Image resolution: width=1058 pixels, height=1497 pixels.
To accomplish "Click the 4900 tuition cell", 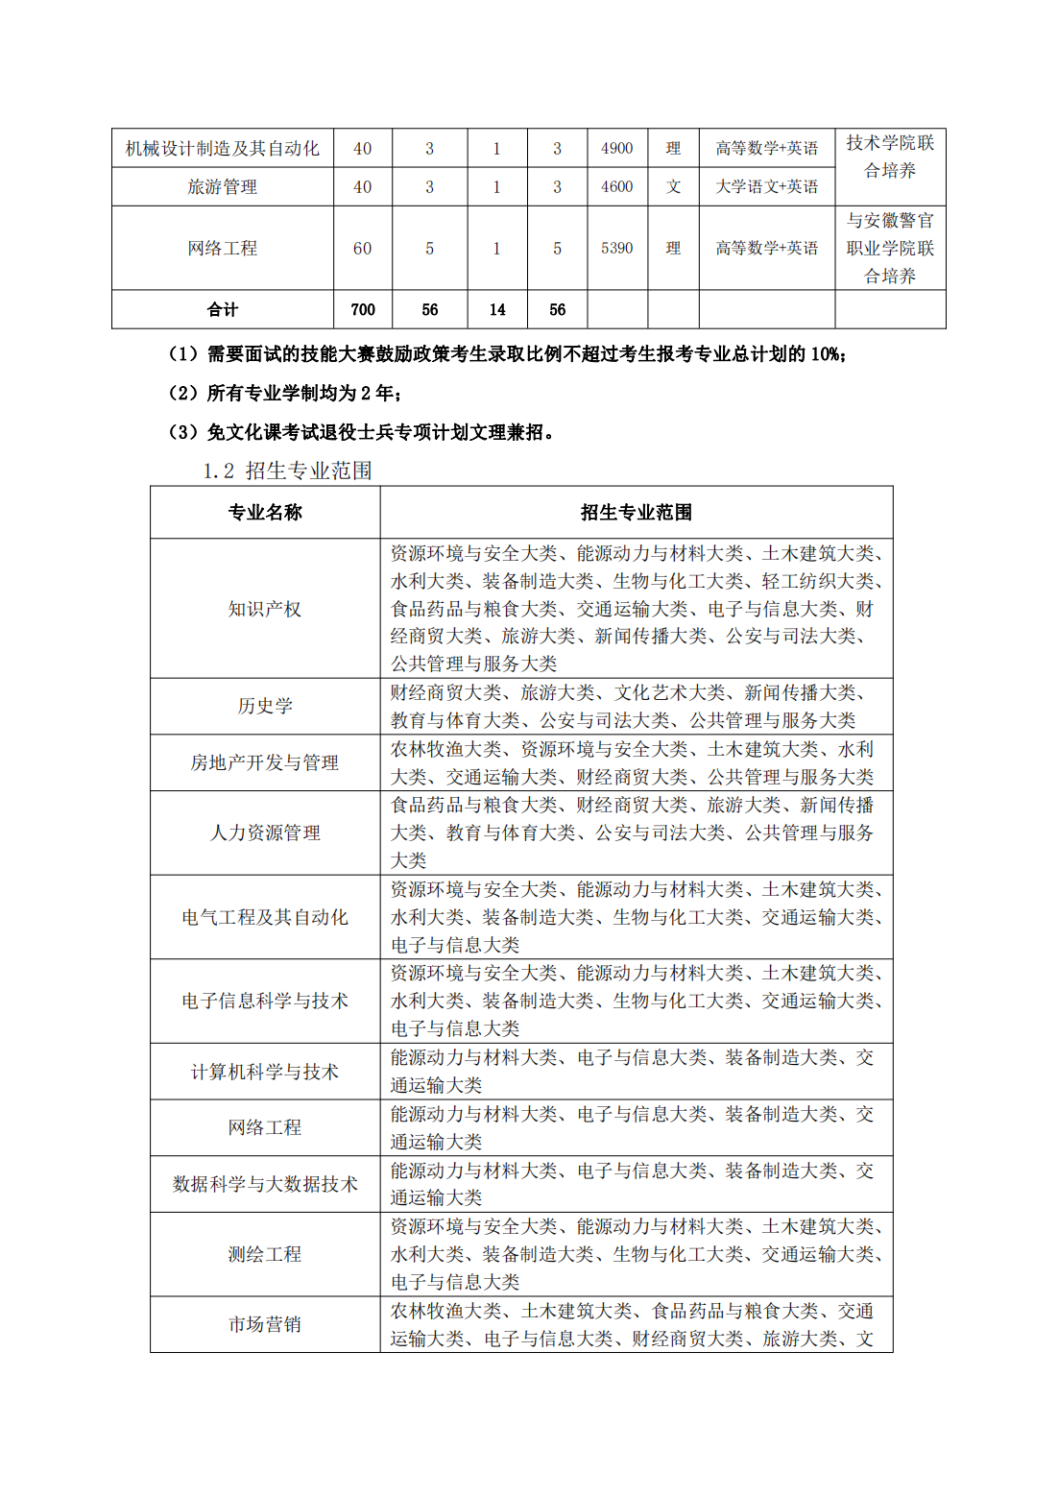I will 616,148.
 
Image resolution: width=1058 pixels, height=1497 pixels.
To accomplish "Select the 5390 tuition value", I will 616,248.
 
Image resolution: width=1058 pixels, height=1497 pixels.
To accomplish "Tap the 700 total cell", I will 362,309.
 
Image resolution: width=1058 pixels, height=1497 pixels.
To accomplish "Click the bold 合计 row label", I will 222,309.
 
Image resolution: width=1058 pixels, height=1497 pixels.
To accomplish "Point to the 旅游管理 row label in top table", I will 222,186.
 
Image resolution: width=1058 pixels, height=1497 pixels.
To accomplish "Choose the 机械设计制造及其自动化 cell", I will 222,148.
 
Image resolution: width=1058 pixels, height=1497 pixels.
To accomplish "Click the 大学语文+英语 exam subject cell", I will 766,186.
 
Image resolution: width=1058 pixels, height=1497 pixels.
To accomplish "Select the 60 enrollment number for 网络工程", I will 362,248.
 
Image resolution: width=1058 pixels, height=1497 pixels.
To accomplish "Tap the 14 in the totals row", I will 496,309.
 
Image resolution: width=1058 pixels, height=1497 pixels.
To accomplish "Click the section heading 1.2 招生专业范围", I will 287,471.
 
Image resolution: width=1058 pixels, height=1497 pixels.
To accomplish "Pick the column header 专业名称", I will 265,512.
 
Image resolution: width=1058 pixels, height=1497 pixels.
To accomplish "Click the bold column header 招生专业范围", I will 636,512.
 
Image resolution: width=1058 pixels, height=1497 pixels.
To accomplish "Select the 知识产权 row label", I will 265,609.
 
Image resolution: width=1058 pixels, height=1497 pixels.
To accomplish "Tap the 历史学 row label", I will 265,706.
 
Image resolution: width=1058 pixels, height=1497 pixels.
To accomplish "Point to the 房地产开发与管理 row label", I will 265,762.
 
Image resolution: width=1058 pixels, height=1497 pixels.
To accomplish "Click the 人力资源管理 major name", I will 265,833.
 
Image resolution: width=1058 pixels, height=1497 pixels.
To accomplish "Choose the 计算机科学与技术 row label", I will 265,1072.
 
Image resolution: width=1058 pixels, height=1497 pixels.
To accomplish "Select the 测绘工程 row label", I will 265,1254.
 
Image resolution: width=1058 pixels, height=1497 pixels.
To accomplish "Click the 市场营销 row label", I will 265,1324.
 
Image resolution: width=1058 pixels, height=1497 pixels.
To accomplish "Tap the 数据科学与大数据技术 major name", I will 265,1184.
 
